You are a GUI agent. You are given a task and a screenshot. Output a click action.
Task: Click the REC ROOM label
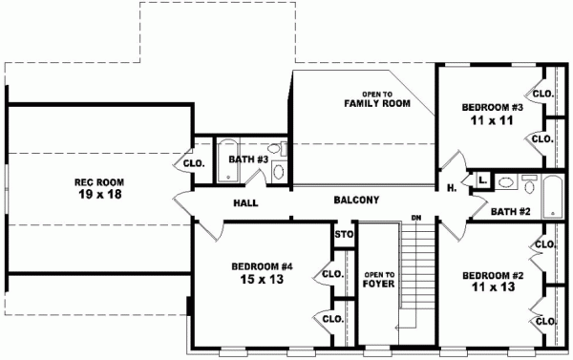pyautogui.click(x=99, y=181)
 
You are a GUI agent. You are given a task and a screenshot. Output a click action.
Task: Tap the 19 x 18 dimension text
pyautogui.click(x=99, y=194)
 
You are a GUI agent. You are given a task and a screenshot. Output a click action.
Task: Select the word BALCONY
pyautogui.click(x=357, y=201)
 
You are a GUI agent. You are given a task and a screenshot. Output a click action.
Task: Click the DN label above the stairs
pyautogui.click(x=416, y=218)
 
